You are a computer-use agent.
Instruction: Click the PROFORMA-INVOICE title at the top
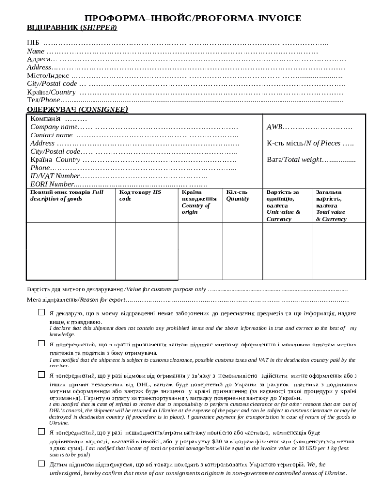[193, 19]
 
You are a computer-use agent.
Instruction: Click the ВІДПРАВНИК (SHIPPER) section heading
[72, 28]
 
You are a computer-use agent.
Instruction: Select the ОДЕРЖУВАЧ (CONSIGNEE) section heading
[77, 109]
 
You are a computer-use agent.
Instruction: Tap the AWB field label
[275, 127]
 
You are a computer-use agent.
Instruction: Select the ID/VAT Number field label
[55, 176]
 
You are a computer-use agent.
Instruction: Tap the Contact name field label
[51, 135]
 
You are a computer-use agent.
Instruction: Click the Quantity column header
[237, 195]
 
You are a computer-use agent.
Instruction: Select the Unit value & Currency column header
[283, 206]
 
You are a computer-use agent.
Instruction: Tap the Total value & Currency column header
[331, 206]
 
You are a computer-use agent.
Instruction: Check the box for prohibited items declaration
[41, 312]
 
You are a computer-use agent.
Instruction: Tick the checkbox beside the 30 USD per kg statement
[41, 432]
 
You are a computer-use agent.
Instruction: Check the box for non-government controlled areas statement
[41, 464]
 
